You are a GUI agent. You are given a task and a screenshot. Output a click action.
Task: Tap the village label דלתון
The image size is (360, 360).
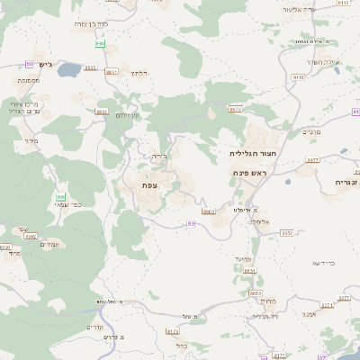click(138, 73)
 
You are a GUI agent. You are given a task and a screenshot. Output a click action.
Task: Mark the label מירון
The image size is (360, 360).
click(31, 140)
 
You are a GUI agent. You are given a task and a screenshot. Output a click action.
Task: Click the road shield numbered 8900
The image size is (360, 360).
click(209, 211)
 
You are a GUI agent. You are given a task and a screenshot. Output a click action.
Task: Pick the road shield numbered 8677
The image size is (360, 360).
click(312, 159)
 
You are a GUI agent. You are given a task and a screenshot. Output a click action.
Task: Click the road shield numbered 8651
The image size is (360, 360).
click(250, 270)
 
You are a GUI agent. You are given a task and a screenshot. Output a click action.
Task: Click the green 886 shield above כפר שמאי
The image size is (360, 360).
click(61, 197)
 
